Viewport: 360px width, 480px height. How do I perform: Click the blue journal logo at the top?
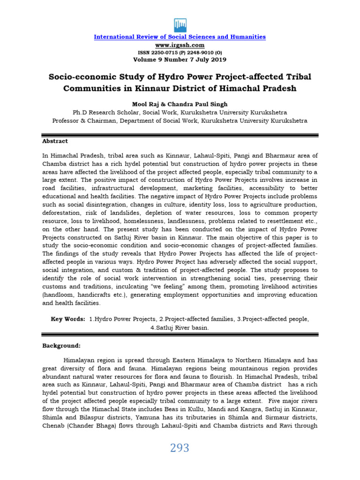pos(180,24)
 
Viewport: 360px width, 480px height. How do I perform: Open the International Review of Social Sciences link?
pos(180,37)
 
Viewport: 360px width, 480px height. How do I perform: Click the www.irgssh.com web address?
pos(180,45)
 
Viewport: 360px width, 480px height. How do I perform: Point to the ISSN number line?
pos(180,52)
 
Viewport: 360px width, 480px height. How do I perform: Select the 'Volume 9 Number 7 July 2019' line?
pos(180,60)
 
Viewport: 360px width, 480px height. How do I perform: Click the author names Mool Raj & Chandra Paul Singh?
pos(180,104)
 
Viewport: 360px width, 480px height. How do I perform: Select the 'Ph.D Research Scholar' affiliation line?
pos(180,112)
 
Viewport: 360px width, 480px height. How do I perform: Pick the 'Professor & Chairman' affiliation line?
pos(180,120)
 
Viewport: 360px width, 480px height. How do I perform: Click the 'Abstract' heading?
pos(55,141)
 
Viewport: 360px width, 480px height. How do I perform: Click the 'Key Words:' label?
pos(68,319)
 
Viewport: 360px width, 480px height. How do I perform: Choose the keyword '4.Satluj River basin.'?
pos(180,328)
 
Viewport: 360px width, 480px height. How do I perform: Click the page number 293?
pos(180,448)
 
